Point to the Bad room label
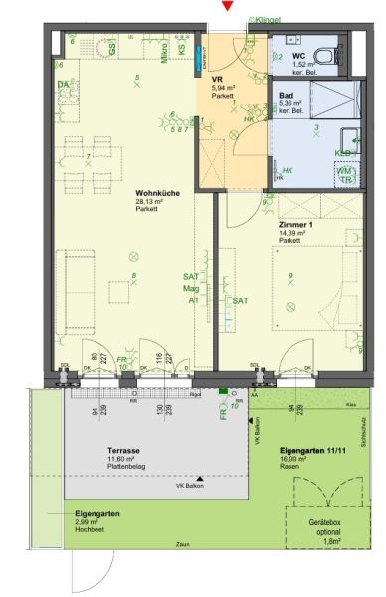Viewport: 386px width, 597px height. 287,95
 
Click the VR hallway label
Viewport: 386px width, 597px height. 218,79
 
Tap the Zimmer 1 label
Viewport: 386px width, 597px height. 297,225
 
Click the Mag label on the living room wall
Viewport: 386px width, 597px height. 191,289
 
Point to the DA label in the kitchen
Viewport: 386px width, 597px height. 63,84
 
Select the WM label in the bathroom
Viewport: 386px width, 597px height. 343,169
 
